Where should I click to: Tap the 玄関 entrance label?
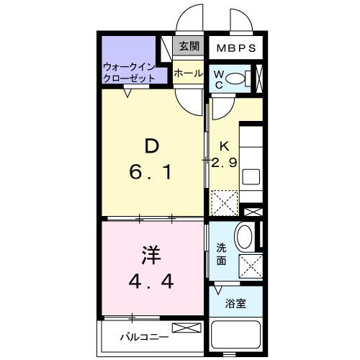[189, 47]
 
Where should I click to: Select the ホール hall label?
[188, 73]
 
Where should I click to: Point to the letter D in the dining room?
[151, 147]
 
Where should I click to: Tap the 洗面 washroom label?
[222, 254]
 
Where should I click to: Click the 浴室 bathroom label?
[235, 303]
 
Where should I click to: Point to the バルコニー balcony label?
[144, 336]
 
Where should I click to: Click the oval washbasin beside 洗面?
[244, 238]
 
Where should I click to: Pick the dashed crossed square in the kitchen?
[223, 202]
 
